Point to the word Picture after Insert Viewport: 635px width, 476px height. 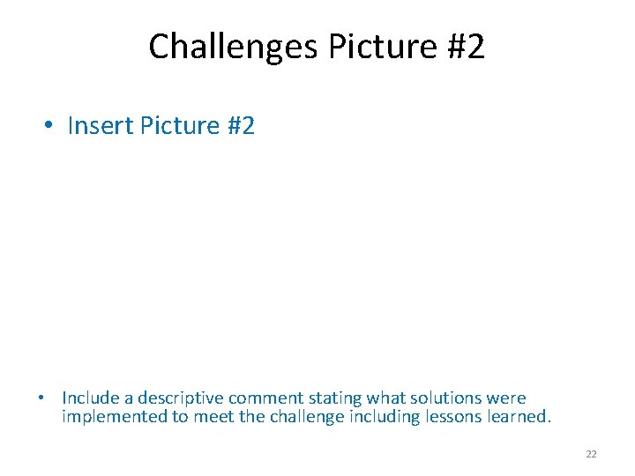pyautogui.click(x=178, y=126)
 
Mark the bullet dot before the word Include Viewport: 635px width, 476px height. pyautogui.click(x=42, y=398)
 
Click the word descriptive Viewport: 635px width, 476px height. pyautogui.click(x=180, y=398)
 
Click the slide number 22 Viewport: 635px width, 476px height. pyautogui.click(x=591, y=454)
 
